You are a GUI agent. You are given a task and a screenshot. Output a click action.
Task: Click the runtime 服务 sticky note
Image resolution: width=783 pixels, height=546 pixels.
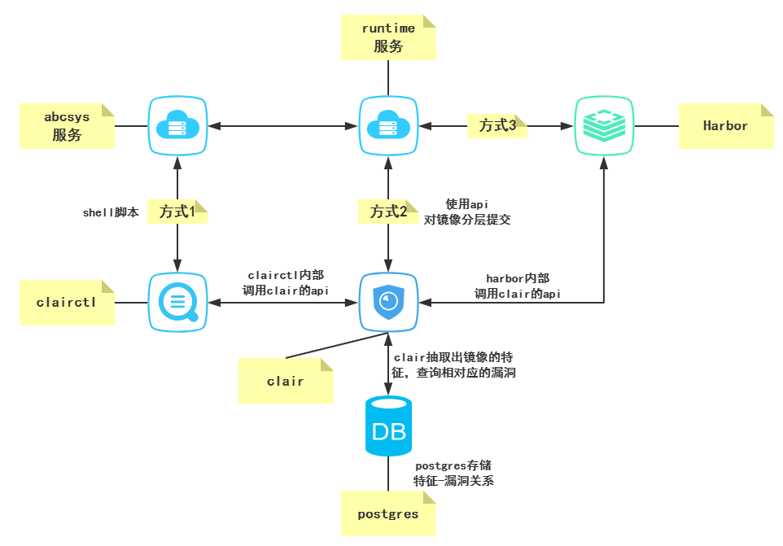[388, 37]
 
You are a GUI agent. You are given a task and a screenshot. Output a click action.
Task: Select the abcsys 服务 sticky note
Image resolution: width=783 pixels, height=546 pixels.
[67, 125]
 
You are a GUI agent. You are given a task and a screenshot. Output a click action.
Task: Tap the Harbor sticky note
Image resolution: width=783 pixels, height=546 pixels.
[725, 126]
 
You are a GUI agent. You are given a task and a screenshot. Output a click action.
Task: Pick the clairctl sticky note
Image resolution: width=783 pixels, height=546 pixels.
[67, 302]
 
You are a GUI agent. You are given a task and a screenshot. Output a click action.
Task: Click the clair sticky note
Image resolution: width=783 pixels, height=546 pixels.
[286, 381]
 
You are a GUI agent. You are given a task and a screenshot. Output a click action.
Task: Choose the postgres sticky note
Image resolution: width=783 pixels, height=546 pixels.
[388, 513]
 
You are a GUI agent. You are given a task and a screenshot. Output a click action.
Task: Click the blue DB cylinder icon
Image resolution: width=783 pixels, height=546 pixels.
[388, 427]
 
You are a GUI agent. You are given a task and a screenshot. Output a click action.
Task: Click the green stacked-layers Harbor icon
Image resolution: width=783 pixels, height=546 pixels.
[604, 126]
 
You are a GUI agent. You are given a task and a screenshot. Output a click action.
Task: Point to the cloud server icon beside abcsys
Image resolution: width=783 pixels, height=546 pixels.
[177, 126]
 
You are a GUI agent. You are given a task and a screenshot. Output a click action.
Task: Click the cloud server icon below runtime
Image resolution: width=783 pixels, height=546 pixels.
[388, 126]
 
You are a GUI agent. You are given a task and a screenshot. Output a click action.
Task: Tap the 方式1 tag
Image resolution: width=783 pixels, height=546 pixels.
[177, 212]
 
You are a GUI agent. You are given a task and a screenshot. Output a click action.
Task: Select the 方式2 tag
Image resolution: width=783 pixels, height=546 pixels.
[388, 212]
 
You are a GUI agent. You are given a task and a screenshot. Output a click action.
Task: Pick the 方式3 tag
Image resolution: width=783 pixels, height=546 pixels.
[496, 125]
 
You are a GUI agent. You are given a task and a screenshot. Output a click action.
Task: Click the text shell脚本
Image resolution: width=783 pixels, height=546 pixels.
[111, 212]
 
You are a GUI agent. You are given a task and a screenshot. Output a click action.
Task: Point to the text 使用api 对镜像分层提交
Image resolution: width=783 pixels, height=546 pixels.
[467, 212]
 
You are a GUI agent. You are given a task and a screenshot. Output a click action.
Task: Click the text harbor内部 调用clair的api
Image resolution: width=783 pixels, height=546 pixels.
[518, 286]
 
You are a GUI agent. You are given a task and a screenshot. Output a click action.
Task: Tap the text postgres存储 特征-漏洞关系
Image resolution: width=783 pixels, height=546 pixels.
[453, 473]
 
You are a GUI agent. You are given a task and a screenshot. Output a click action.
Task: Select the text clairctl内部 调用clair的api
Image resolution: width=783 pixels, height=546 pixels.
[285, 283]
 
